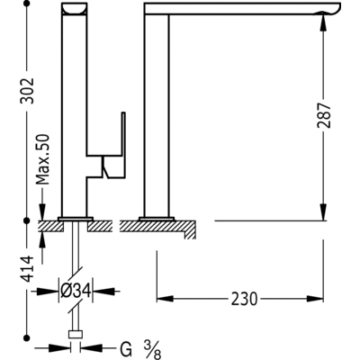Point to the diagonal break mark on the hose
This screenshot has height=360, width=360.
tap(76, 273)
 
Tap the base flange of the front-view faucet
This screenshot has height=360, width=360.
tap(76, 218)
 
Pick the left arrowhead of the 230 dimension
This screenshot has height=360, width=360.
tap(163, 298)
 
